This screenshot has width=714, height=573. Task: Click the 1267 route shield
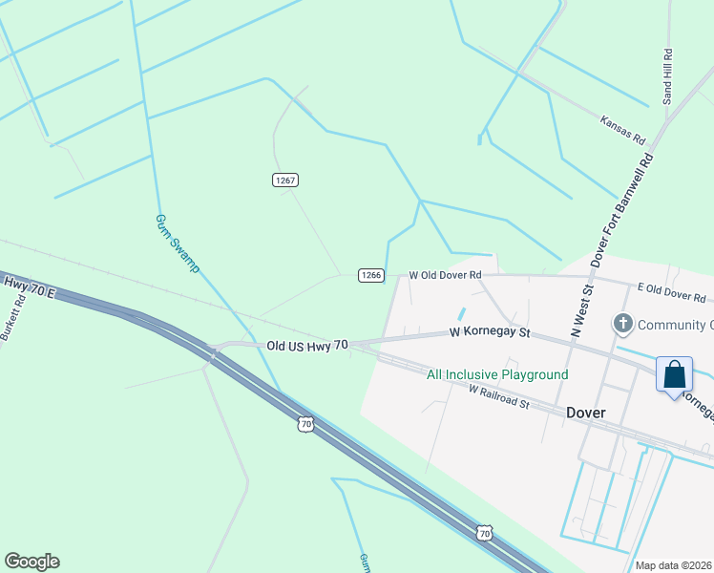point(285,180)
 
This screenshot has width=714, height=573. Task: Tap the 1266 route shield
point(371,275)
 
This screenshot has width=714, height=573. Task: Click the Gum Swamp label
point(177,243)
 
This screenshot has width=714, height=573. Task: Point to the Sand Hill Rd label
point(668,77)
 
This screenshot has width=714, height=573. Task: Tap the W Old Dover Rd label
point(444,275)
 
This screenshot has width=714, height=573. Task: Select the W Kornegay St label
point(489,334)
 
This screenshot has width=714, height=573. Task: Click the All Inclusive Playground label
point(497,375)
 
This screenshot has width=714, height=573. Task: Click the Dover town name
point(586,414)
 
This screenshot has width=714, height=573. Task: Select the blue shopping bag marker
point(674,373)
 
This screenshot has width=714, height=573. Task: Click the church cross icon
point(623,325)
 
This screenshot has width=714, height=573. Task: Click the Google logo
point(31,562)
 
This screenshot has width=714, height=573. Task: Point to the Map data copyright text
point(674,565)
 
